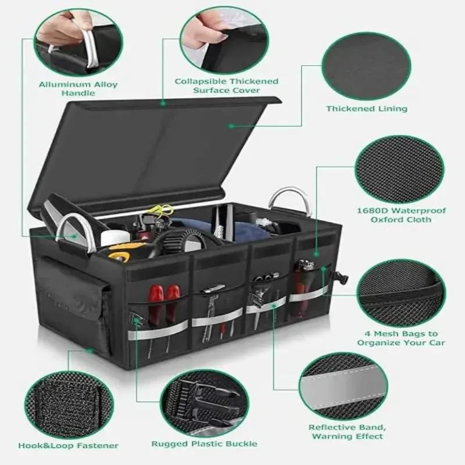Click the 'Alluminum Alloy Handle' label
78,88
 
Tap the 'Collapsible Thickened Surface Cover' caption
227,85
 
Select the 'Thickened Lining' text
366,109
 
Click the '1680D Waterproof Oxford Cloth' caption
400,215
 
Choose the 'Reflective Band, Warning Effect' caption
347,431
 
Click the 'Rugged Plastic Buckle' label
204,443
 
